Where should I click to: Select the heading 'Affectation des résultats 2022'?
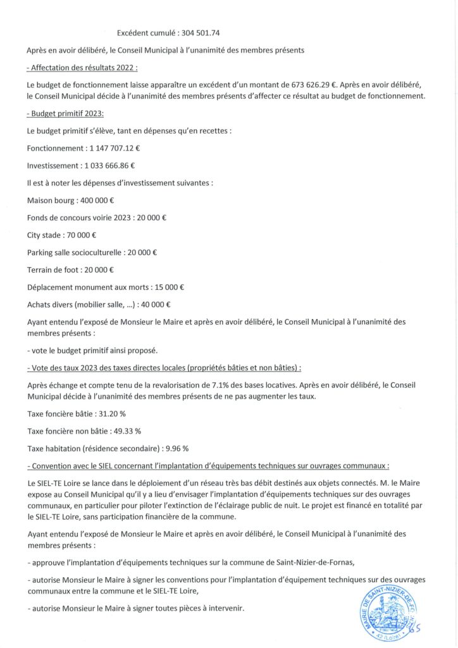(83, 67)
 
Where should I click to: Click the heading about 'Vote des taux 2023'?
(164, 367)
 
